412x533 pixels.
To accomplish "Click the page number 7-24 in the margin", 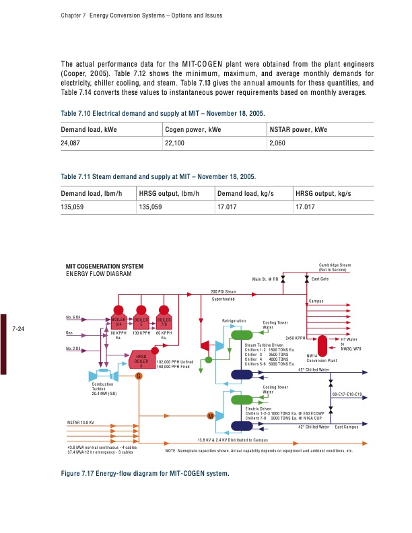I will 19,329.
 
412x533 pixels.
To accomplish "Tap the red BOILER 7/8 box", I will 164,322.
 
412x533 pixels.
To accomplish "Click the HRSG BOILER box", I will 141,361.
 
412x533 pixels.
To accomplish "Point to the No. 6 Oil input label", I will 73,317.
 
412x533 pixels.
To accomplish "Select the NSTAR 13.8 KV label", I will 80,422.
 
